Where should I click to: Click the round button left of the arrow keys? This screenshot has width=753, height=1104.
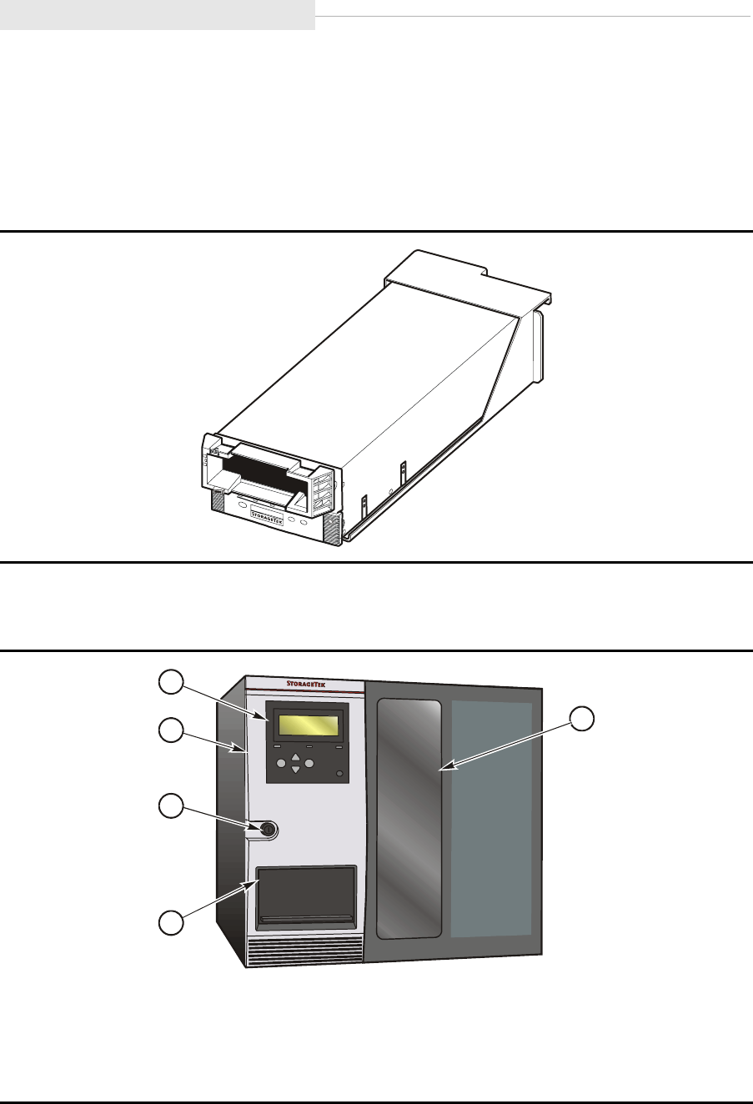pos(281,763)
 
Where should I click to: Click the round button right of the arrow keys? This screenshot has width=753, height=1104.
pos(309,763)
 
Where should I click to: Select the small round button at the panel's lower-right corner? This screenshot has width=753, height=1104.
pos(339,775)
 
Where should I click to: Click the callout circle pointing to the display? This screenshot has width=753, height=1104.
pos(171,682)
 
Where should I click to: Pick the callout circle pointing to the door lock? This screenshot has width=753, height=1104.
pos(171,806)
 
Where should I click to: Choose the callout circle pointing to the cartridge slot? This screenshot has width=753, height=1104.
pos(171,923)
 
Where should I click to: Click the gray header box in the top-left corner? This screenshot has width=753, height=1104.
pos(157,15)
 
